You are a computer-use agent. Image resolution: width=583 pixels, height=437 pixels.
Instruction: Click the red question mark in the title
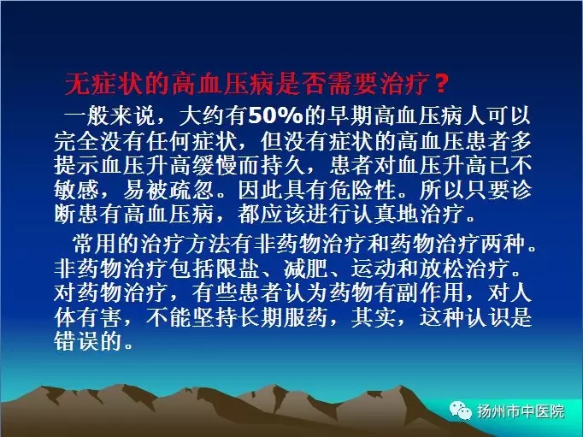[x=441, y=83]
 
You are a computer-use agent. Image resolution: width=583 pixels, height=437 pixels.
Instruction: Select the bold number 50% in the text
[x=276, y=115]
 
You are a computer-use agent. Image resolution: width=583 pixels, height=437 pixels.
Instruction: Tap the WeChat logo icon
[x=460, y=410]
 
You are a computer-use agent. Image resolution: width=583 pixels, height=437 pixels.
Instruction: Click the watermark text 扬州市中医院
[x=521, y=411]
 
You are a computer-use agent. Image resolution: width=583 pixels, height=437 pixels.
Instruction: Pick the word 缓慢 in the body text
[x=215, y=165]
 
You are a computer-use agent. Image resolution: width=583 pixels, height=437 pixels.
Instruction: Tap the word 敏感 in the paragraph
[x=76, y=190]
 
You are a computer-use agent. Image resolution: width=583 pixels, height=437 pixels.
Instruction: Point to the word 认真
[x=374, y=214]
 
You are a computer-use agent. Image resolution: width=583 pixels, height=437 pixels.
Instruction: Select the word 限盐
[x=237, y=269]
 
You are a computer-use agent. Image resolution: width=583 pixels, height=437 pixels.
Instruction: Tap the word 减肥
[x=306, y=269]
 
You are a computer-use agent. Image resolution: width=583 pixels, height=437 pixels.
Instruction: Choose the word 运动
[x=374, y=269]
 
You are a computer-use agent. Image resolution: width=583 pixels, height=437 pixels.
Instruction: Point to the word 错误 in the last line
[x=76, y=341]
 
